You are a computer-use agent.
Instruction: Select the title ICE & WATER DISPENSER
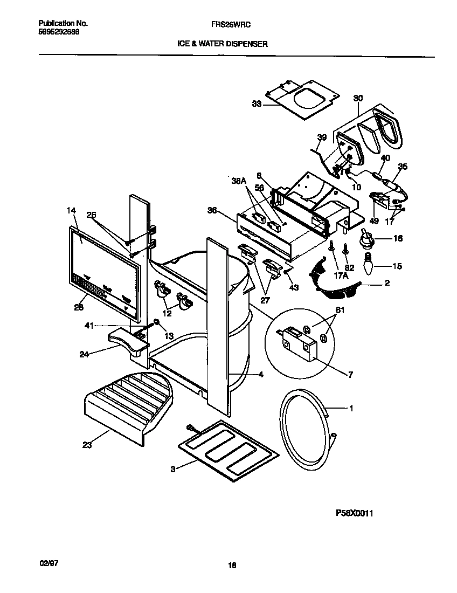pyautogui.click(x=223, y=44)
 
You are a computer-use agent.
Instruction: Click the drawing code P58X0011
pyautogui.click(x=354, y=514)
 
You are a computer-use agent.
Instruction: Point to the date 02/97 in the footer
pyautogui.click(x=49, y=562)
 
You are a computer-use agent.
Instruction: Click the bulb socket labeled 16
pyautogui.click(x=366, y=237)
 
